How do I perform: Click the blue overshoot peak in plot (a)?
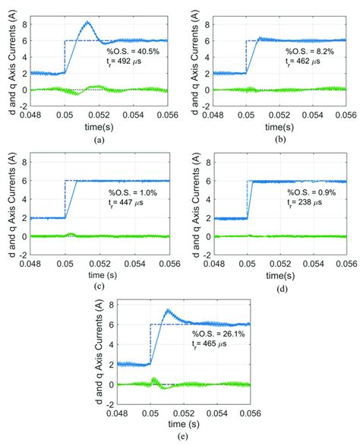pyautogui.click(x=88, y=23)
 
